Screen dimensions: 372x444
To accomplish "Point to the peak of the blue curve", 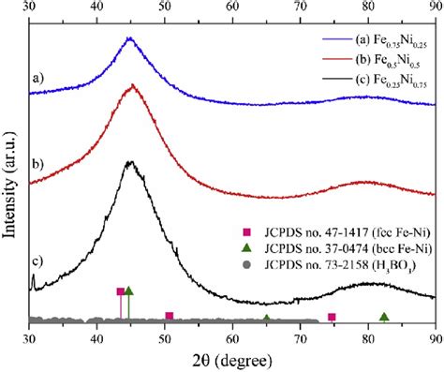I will pyautogui.click(x=129, y=38).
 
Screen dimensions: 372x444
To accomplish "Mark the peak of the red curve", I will pyautogui.click(x=132, y=85).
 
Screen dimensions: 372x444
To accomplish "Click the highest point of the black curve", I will pyautogui.click(x=130, y=162).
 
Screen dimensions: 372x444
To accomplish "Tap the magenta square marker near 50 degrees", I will pyautogui.click(x=169, y=316).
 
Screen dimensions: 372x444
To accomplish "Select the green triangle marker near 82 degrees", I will pyautogui.click(x=383, y=317).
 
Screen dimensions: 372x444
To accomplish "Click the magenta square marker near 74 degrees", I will pyautogui.click(x=331, y=317).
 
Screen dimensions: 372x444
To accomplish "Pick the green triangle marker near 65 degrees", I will pyautogui.click(x=267, y=320).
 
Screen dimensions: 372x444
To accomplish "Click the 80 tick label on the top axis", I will pyautogui.click(x=368, y=6).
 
